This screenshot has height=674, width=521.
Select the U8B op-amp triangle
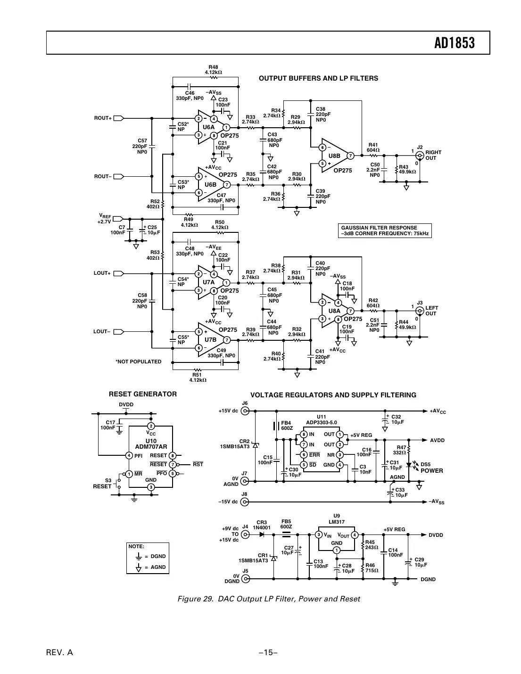pos(336,156)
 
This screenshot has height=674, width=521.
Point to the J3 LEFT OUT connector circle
pos(419,311)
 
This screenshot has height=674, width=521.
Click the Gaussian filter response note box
pos(385,230)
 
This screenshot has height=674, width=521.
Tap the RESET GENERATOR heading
pos(143,394)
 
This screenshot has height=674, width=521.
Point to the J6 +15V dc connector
pos(245,411)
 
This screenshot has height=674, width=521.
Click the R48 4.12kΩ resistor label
pos(213,70)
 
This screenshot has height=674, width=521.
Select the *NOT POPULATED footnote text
pos(138,362)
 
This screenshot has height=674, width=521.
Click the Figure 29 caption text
pos(268,599)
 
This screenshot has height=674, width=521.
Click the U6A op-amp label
pos(208,127)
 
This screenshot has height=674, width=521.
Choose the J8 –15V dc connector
pos(245,501)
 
